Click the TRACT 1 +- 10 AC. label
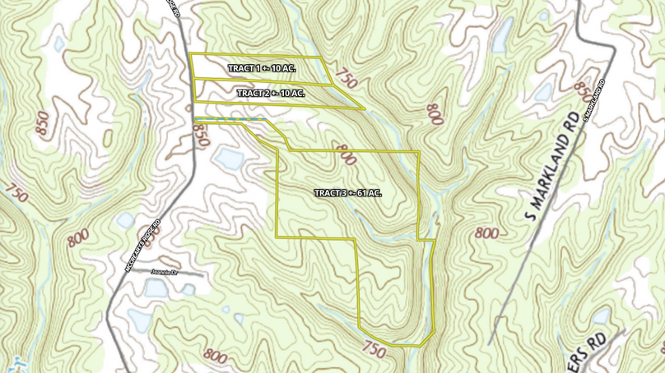(262, 67)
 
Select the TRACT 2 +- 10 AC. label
(271, 94)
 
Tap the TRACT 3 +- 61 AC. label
(348, 192)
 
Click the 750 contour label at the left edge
(16, 194)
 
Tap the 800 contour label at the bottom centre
(214, 357)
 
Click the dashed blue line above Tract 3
(230, 121)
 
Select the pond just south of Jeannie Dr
(155, 288)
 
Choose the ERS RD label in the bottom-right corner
(603, 342)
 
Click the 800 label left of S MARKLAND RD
(486, 233)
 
